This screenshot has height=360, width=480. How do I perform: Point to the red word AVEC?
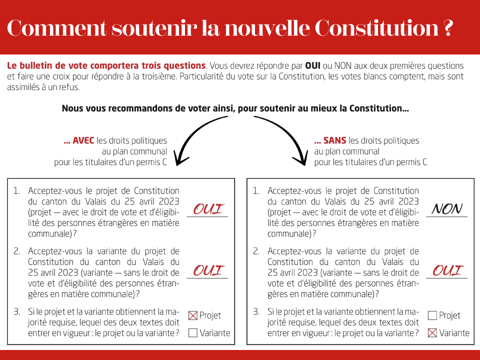tap(83, 141)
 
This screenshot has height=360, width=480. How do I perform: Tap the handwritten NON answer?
tap(446, 209)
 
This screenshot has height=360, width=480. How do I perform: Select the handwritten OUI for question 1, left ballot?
tap(207, 209)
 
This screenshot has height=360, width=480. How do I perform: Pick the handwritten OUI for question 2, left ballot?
tap(207, 270)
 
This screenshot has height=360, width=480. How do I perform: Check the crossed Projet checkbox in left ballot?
tap(193, 315)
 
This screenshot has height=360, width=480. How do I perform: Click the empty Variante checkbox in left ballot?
tap(193, 333)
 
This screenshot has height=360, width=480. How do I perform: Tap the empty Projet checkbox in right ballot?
tap(432, 315)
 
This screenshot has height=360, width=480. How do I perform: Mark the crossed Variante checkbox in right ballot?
tap(432, 333)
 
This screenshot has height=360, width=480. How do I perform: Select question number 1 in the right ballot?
tap(256, 191)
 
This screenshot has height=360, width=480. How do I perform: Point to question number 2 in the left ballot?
tap(17, 251)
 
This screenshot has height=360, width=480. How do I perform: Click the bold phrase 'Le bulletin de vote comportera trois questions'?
tap(106, 65)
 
